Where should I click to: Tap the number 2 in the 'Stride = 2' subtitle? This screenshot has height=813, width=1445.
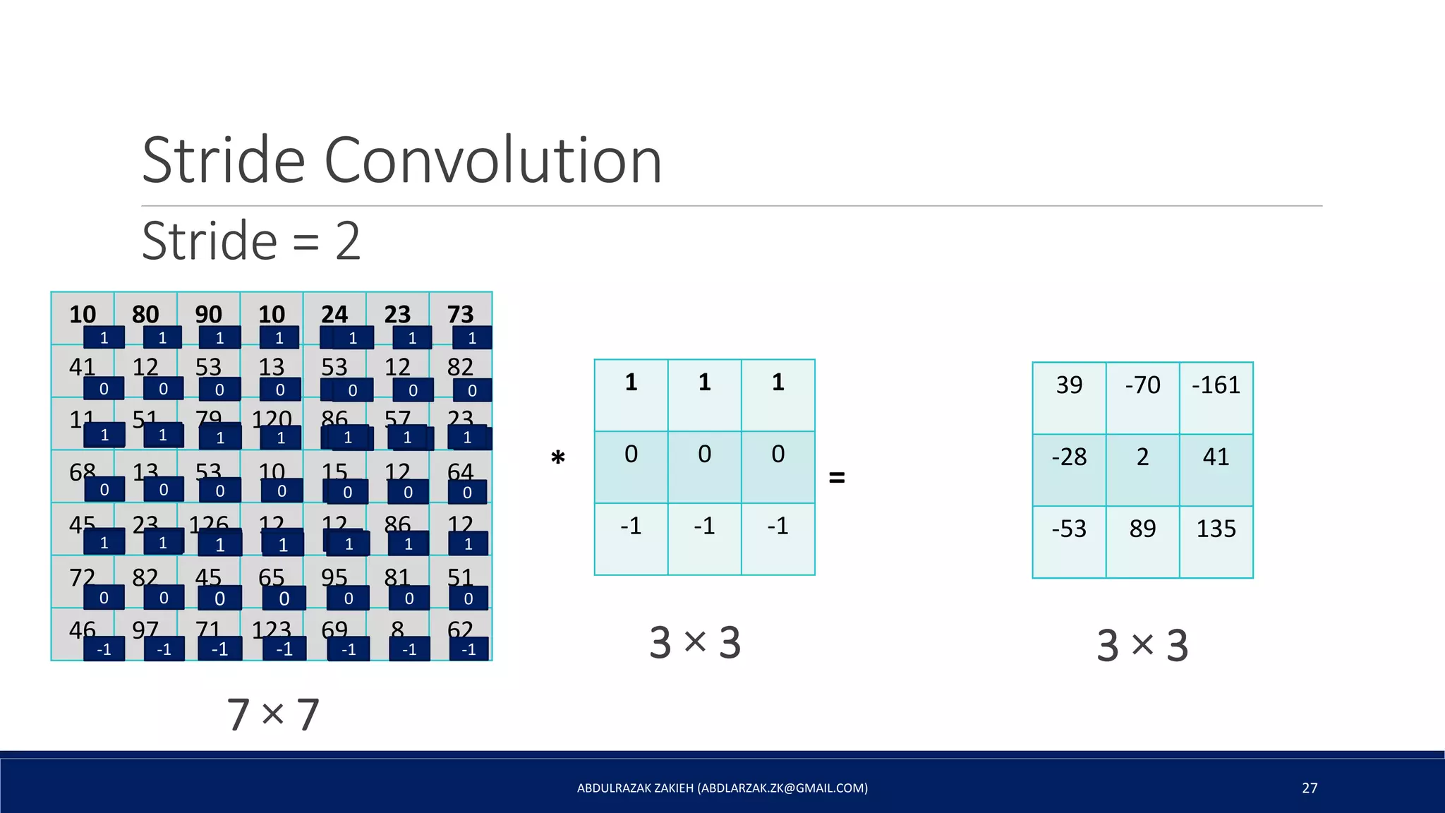(348, 241)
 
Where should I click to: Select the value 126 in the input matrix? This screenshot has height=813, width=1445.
(208, 524)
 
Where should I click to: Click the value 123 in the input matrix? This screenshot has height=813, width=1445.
(272, 629)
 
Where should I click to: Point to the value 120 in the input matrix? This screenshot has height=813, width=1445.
(272, 419)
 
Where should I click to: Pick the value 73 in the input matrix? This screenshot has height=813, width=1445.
(460, 314)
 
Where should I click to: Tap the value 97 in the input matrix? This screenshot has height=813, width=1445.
(145, 629)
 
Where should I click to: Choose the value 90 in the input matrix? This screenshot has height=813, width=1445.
(208, 314)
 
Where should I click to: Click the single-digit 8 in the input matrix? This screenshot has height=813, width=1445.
(398, 629)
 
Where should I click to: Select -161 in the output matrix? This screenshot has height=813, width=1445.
(1216, 385)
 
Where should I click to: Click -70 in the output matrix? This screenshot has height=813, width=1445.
(1142, 385)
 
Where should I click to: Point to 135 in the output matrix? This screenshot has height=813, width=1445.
(1216, 529)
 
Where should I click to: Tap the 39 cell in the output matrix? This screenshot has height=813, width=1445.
(1069, 385)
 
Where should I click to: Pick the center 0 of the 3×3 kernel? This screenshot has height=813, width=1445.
(704, 454)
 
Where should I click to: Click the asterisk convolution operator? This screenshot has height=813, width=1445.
(558, 459)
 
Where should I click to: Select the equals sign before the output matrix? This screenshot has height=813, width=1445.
(837, 478)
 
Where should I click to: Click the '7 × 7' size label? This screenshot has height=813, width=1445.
(273, 715)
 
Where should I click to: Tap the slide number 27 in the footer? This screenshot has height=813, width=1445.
(1310, 788)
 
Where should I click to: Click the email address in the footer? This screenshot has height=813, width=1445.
(783, 788)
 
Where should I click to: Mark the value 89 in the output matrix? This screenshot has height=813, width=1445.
(1142, 529)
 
